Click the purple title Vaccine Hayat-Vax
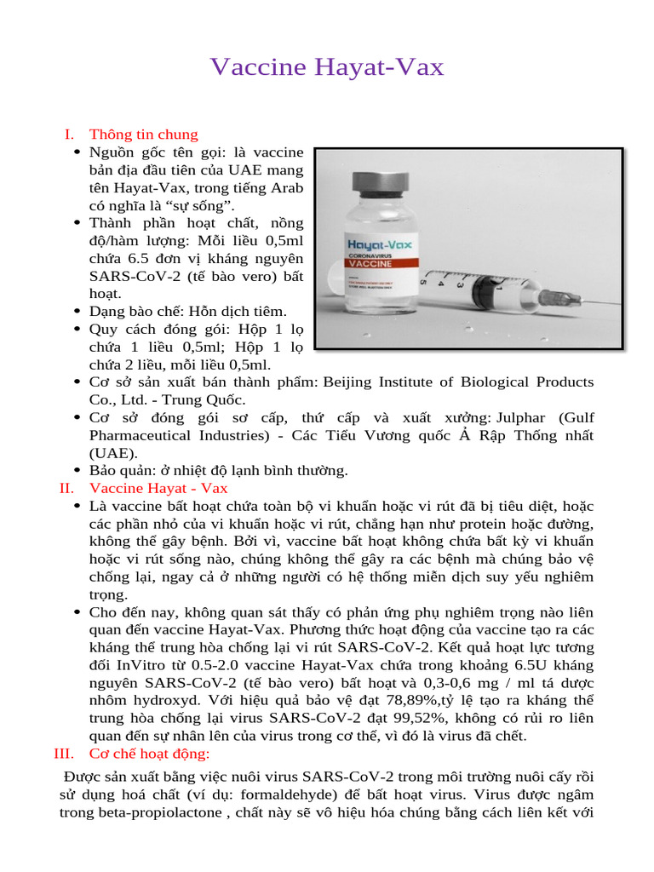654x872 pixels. coord(327,67)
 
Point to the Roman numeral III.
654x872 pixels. coord(64,754)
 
